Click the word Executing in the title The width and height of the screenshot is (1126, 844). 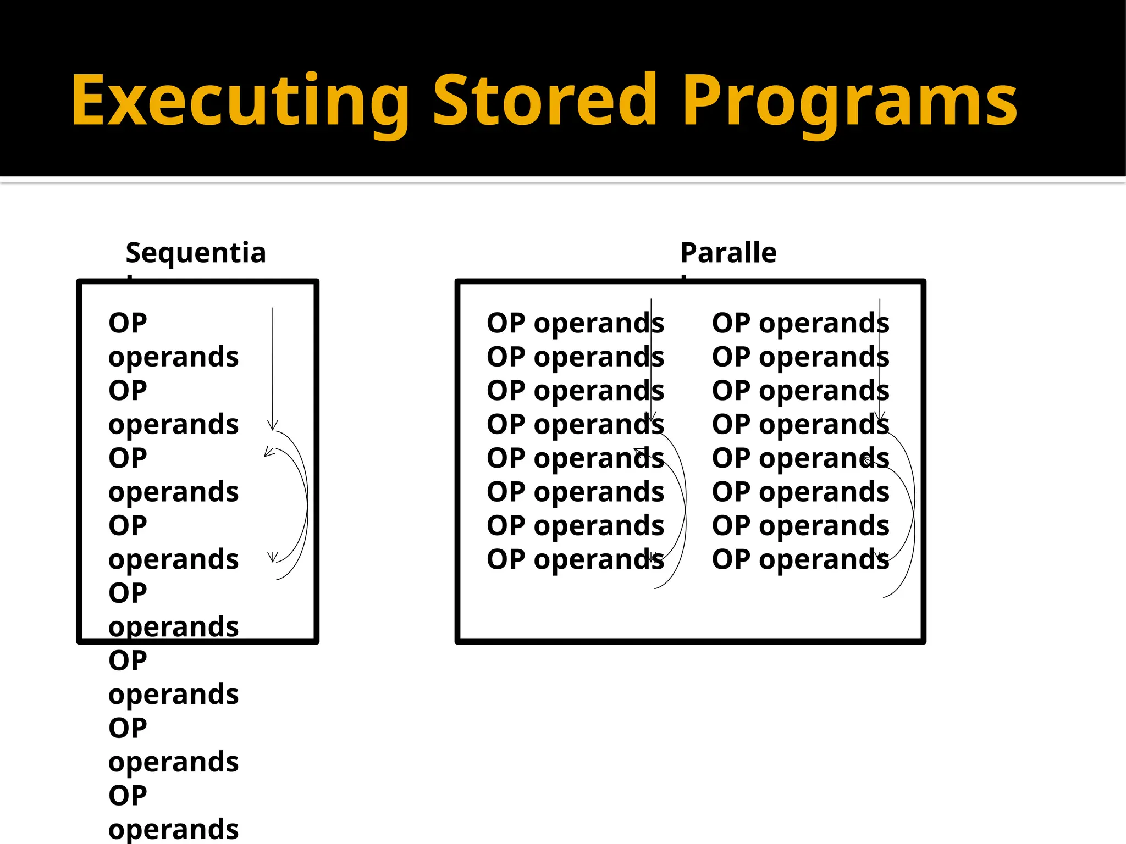240,102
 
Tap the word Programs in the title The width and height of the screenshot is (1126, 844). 849,102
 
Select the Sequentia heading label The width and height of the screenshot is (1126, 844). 196,253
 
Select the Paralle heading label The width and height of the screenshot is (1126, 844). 728,253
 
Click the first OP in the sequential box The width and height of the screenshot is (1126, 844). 128,323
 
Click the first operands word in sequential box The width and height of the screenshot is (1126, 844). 173,357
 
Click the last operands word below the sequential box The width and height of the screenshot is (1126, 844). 173,829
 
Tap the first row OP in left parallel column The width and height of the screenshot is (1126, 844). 506,323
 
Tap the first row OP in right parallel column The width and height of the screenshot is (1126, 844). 731,323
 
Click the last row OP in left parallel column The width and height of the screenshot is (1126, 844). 506,559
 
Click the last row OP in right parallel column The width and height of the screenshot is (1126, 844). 731,559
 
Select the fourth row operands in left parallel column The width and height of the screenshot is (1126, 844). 599,425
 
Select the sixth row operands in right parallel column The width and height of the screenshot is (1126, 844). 824,492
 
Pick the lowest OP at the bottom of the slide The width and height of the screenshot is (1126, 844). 128,796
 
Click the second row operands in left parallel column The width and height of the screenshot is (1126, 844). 599,357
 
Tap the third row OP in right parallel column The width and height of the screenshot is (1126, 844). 731,391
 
